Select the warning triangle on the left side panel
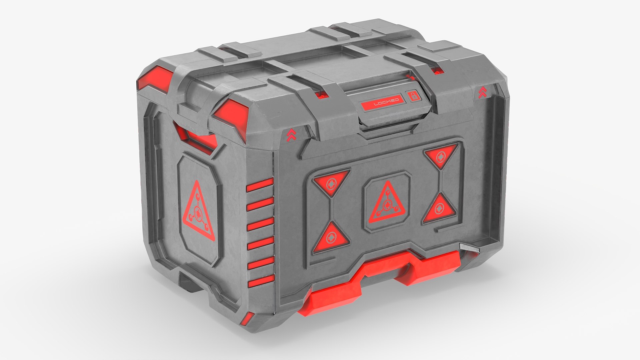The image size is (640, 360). pyautogui.click(x=198, y=212)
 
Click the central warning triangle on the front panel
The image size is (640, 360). pyautogui.click(x=387, y=204)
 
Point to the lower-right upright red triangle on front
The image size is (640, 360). pyautogui.click(x=440, y=209)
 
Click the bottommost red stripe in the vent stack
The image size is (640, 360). pyautogui.click(x=261, y=280)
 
